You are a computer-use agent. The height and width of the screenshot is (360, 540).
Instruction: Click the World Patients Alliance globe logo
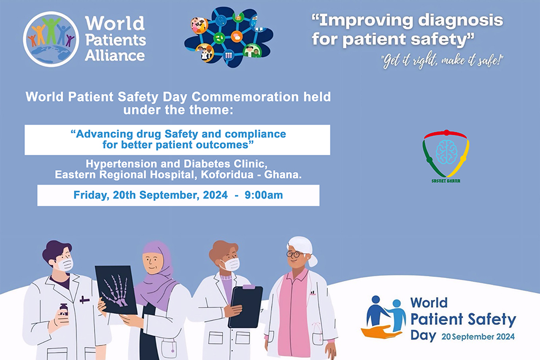[51, 39]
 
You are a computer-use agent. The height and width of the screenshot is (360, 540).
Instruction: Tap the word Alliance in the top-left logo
[114, 56]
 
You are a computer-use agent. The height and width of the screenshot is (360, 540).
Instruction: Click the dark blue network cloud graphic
[228, 37]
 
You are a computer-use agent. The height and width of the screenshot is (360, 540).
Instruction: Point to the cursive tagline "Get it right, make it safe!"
[442, 61]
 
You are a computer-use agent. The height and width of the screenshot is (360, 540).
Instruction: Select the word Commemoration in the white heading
[245, 97]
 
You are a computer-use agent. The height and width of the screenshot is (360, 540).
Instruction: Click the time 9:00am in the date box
[264, 195]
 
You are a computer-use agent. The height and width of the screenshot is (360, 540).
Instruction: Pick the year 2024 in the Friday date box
[215, 195]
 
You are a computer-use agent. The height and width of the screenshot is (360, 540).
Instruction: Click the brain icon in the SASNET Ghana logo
[447, 152]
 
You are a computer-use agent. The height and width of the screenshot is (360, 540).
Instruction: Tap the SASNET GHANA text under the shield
[446, 181]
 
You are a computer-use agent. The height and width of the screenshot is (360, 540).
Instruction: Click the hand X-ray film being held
[116, 290]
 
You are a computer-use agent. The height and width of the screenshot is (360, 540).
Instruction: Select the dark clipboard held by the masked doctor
[246, 306]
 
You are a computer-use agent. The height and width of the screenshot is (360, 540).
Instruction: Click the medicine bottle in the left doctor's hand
[63, 310]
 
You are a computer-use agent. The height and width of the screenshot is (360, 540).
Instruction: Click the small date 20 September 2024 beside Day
[478, 337]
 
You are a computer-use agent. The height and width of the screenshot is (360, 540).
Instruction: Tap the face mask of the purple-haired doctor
[65, 264]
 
